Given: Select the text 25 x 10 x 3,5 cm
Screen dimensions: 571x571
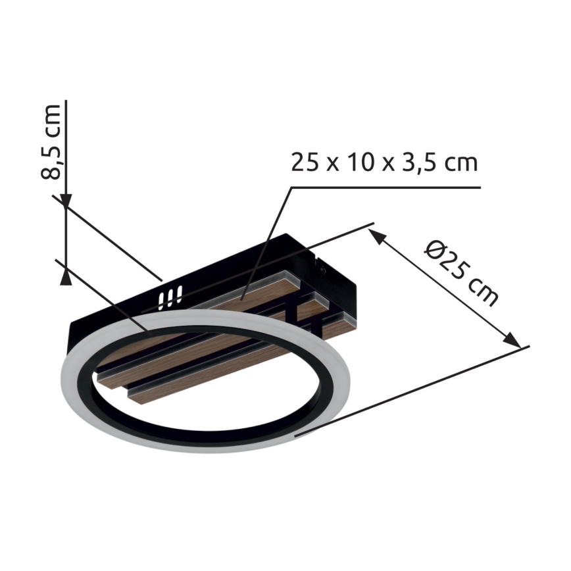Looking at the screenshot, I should [384, 162].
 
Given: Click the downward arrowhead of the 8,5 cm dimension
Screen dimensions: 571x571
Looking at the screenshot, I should [66, 197].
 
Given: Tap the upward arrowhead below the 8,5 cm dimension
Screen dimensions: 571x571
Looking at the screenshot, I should [66, 276].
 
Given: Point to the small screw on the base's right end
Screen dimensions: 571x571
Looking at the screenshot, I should [321, 268].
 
